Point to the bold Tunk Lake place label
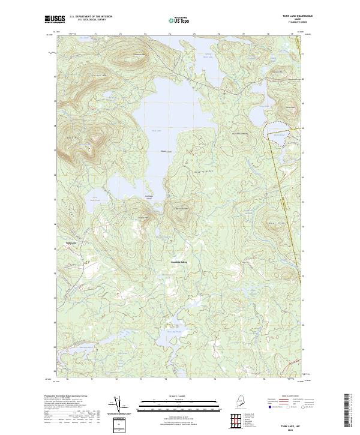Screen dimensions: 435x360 click(71, 242)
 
